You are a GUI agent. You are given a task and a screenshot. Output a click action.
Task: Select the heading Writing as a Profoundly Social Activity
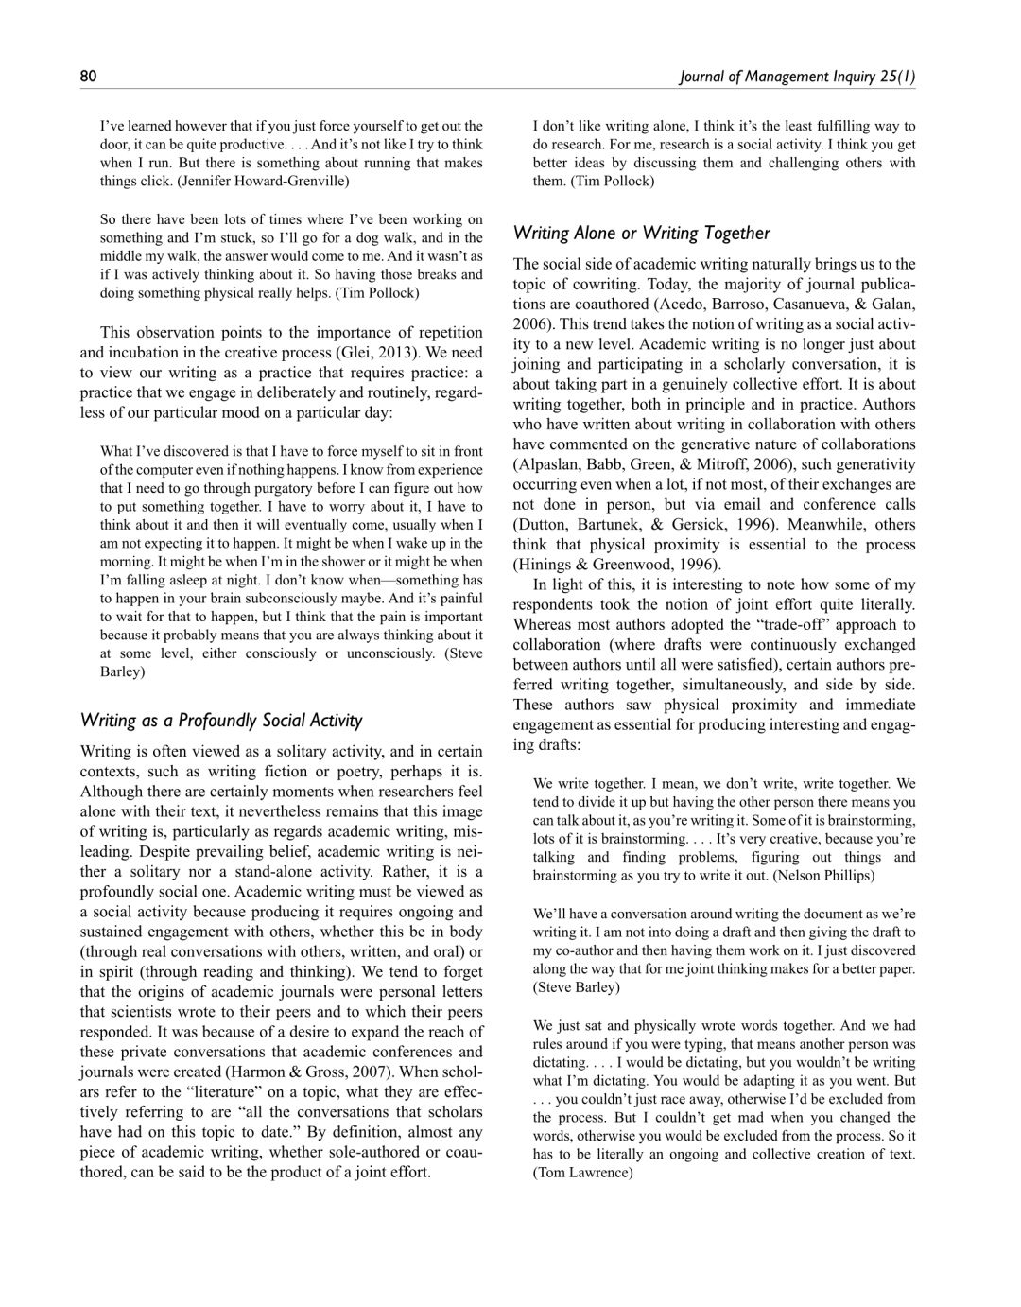coord(221,721)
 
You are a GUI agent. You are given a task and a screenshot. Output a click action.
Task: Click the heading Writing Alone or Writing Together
coord(641,233)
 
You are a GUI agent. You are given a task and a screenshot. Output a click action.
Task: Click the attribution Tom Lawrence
coord(582,1173)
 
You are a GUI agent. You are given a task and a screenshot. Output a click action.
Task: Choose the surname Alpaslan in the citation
coord(551,464)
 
